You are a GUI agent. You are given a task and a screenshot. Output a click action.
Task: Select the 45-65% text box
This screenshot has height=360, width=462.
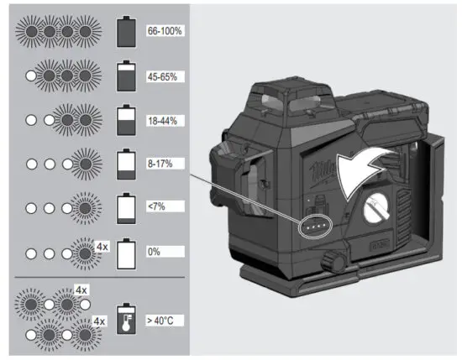click(x=166, y=76)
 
